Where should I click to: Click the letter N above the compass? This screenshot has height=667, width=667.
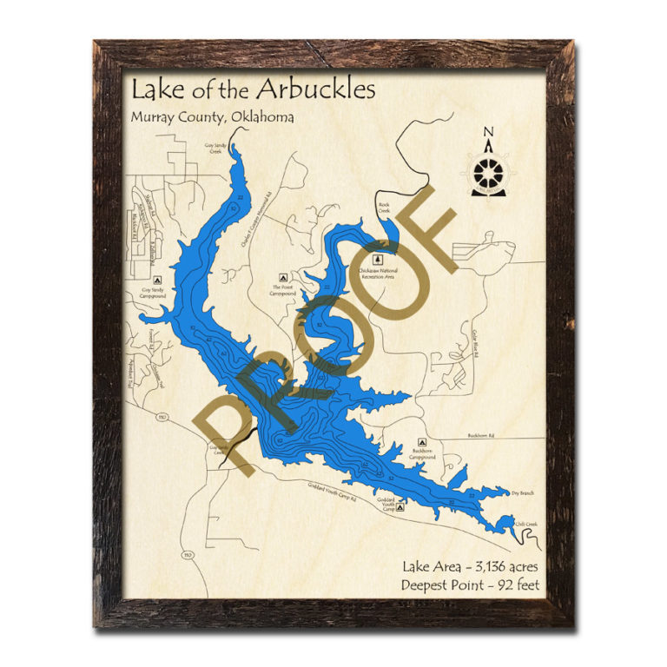coord(489,133)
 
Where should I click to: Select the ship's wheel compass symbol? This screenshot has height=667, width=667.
coord(489,170)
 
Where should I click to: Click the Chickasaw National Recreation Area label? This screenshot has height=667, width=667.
coord(378,273)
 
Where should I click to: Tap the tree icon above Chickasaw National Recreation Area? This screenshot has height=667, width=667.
coord(378,259)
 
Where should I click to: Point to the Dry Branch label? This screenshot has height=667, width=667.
coord(522,492)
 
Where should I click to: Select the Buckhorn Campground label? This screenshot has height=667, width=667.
coord(423,455)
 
